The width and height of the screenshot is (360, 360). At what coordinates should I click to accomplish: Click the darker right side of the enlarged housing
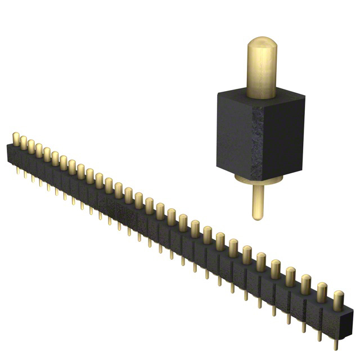click(x=284, y=143)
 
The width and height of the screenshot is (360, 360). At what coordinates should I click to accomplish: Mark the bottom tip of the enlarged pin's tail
click(x=257, y=217)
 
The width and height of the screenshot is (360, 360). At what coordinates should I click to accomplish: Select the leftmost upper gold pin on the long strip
click(x=16, y=138)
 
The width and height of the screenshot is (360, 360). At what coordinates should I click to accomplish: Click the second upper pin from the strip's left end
click(x=24, y=142)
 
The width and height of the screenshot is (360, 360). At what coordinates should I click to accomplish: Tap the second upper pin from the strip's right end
click(x=322, y=290)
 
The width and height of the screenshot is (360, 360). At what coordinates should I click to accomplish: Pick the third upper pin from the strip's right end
click(x=307, y=282)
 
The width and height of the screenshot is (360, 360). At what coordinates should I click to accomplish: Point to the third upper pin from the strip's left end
click(x=31, y=145)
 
